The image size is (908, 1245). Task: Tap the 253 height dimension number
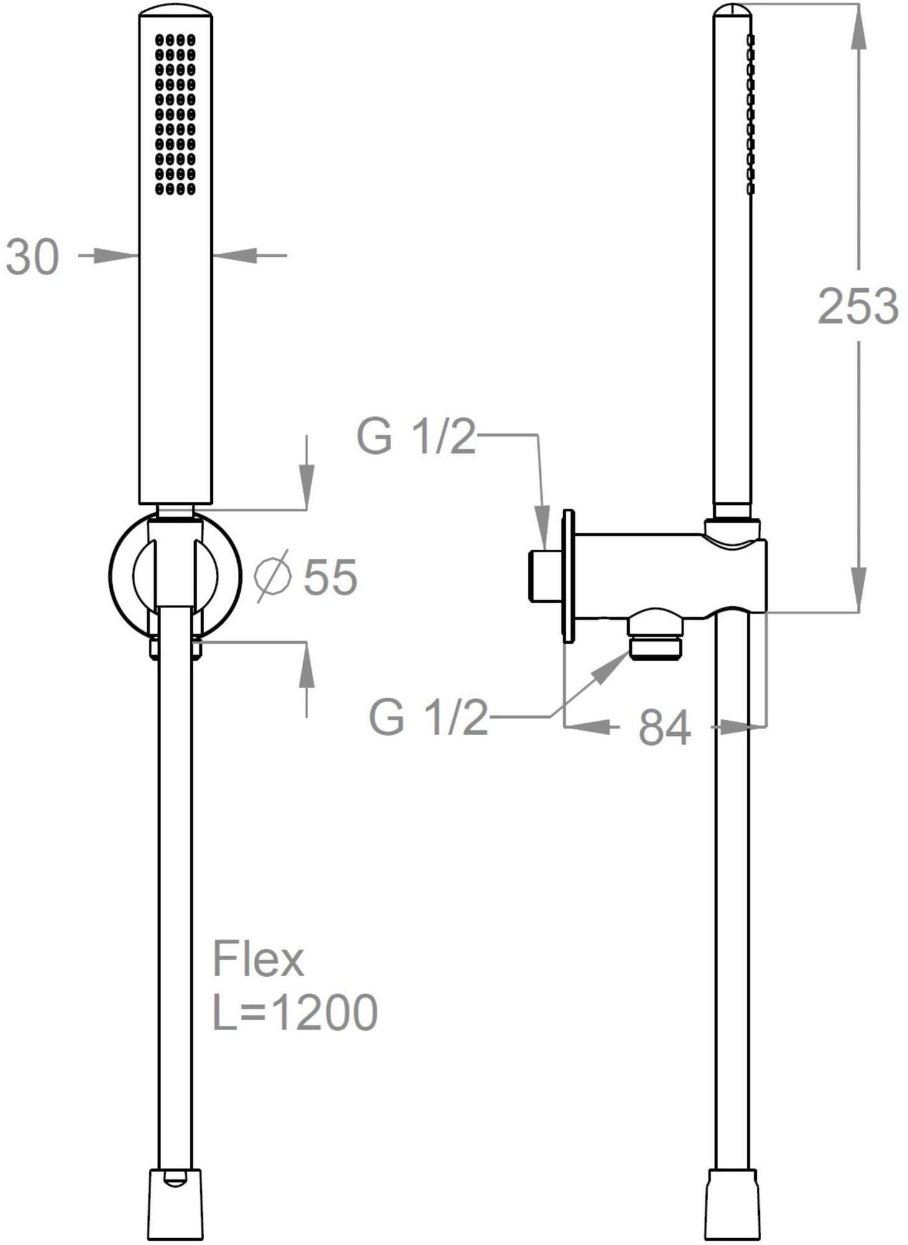(858, 306)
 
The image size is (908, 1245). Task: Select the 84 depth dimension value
(664, 727)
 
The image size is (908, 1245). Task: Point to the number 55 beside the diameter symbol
(330, 577)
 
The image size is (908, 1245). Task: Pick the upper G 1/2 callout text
(416, 436)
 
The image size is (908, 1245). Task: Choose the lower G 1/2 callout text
(428, 717)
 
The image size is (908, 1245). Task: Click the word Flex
(258, 959)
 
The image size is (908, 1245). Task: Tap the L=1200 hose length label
(295, 1013)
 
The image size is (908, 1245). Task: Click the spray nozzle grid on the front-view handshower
(175, 114)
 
